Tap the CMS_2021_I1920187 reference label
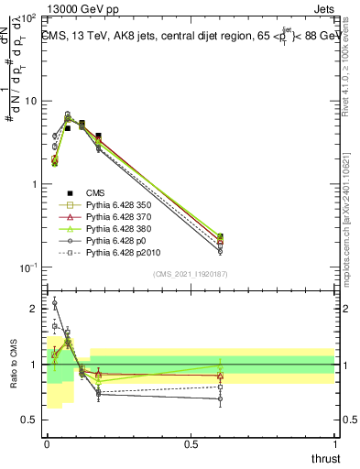click(190, 275)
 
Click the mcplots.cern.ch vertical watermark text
click(352, 220)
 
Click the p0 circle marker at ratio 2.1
click(54, 302)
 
